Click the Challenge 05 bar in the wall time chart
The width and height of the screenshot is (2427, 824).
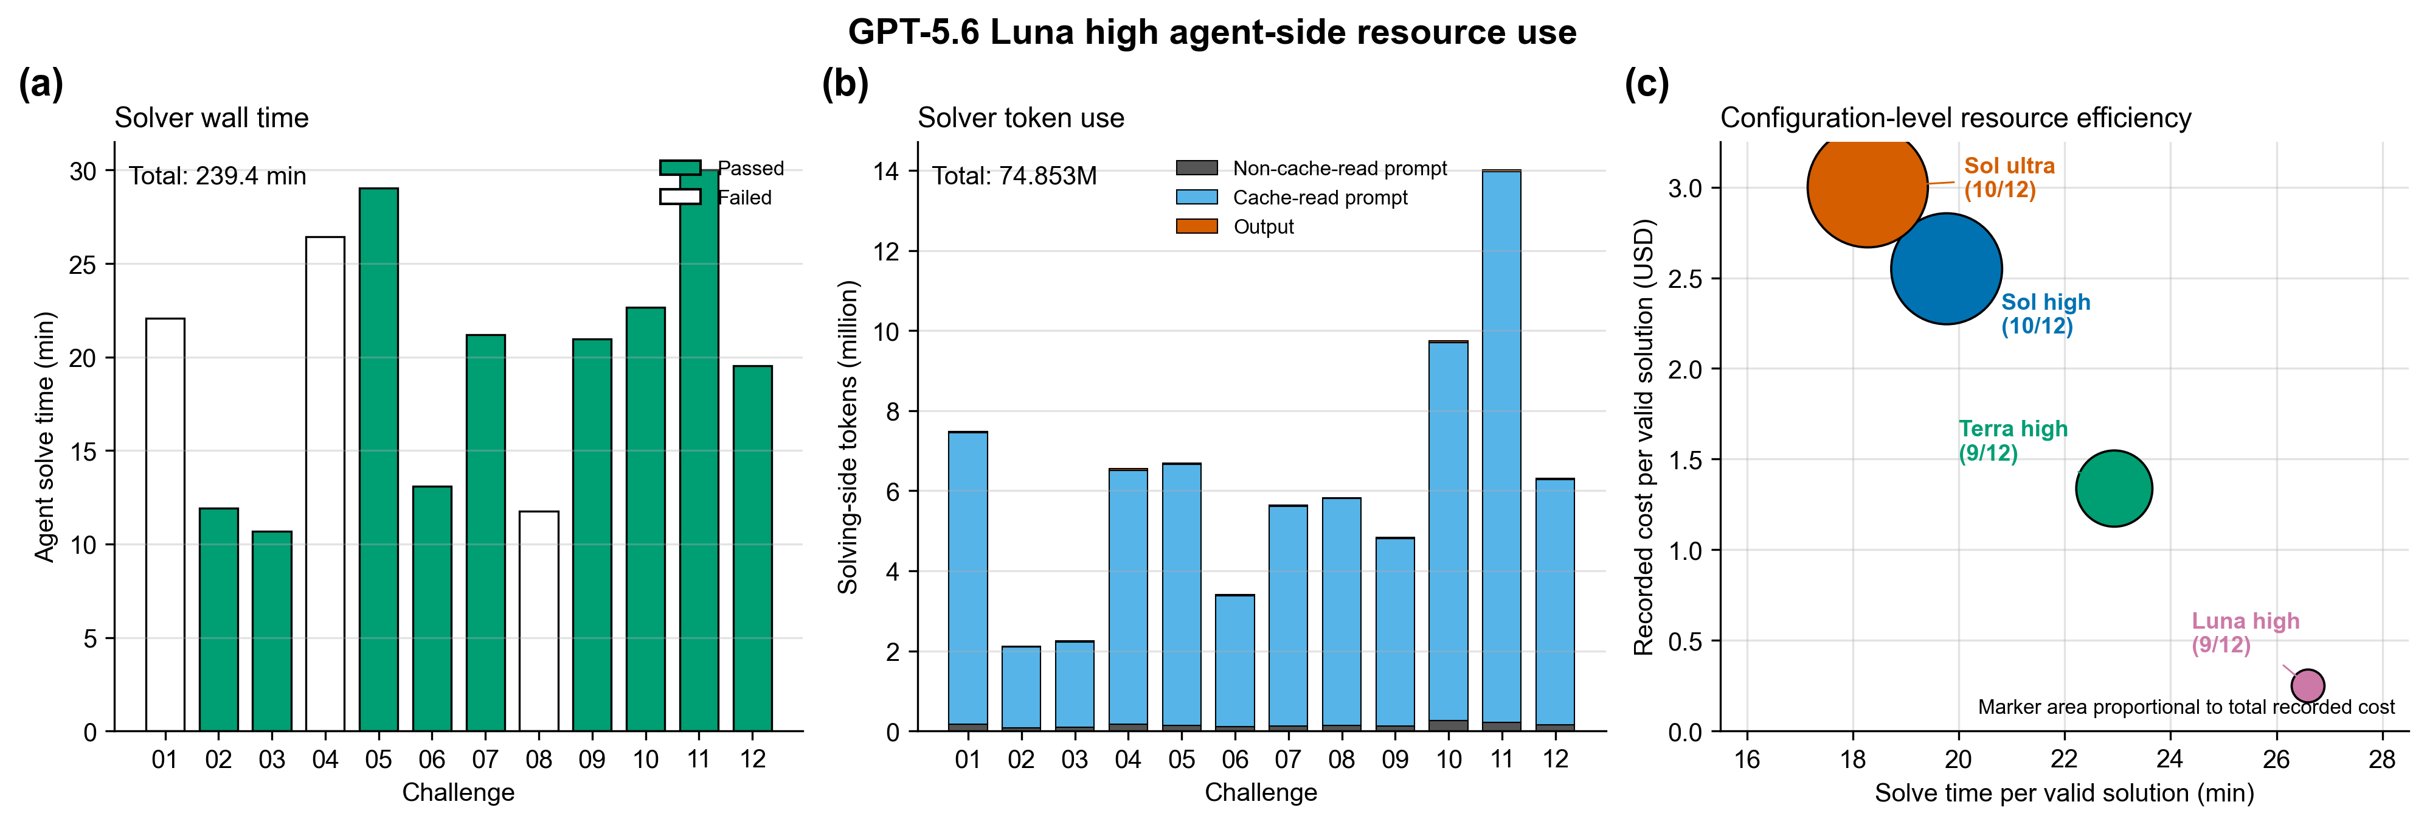tap(379, 459)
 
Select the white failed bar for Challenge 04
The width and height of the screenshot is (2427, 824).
tap(325, 484)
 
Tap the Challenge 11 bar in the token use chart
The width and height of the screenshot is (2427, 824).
tap(1502, 451)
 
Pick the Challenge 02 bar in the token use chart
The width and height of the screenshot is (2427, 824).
tap(1021, 688)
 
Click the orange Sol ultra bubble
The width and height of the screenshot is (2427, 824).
tap(1868, 187)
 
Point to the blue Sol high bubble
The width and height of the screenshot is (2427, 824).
tap(1947, 269)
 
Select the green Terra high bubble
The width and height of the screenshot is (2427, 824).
tap(2114, 488)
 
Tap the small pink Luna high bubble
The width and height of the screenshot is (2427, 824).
tap(2307, 685)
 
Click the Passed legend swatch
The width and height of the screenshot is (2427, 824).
tap(680, 168)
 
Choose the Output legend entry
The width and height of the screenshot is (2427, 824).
tap(1235, 226)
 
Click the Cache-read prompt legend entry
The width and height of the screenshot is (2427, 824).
tap(1292, 197)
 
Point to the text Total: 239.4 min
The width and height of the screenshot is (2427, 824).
tap(218, 176)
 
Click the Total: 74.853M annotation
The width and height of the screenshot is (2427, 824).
tap(1015, 176)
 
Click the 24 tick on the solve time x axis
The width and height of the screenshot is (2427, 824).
tap(2170, 759)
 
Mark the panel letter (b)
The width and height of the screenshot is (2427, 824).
tap(845, 84)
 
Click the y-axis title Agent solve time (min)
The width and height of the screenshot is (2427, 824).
tap(44, 436)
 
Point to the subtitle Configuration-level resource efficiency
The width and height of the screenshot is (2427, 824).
tap(1956, 118)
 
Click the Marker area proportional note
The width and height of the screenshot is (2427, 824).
tap(2186, 707)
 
